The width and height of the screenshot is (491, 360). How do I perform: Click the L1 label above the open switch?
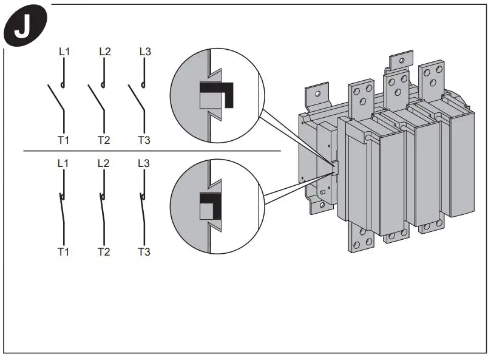click(64, 52)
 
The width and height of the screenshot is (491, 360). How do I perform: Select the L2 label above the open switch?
click(104, 52)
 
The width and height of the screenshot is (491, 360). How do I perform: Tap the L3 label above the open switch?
click(144, 52)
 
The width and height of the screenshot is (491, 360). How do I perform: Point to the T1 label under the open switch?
click(64, 140)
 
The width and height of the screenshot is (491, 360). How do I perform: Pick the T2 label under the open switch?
click(104, 140)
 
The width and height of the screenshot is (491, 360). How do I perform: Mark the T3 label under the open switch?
click(144, 140)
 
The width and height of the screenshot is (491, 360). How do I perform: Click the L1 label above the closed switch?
click(64, 163)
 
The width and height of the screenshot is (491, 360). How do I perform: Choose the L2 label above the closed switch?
click(104, 163)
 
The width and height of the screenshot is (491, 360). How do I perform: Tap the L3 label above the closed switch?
click(144, 163)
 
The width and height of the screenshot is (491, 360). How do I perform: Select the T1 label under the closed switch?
click(64, 251)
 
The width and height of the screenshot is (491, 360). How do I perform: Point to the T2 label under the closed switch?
click(104, 251)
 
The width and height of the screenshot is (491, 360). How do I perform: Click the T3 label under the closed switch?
click(144, 251)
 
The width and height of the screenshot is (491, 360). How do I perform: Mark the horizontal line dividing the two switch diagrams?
click(152, 151)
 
